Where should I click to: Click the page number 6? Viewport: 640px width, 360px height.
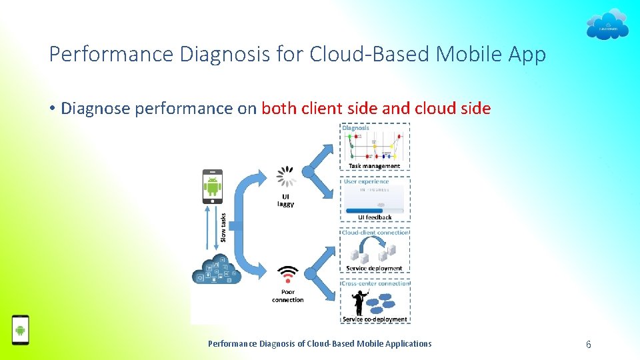coord(588,345)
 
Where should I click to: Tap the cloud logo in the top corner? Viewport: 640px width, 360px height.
coord(607,25)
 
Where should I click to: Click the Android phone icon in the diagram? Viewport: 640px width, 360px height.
coord(213,187)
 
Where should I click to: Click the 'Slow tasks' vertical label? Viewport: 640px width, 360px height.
coord(223,227)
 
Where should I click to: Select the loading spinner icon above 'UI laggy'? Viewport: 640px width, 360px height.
coord(287,176)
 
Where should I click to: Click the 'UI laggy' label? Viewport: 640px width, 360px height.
coord(285,200)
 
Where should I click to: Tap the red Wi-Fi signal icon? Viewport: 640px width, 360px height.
coord(288,275)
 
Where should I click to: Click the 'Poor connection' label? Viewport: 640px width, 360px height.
coord(288,295)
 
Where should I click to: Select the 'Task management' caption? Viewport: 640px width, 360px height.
coord(375,166)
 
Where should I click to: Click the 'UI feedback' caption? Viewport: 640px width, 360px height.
coord(375,217)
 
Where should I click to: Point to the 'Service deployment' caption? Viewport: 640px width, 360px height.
coord(375,269)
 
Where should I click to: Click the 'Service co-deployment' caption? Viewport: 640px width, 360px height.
coord(375,319)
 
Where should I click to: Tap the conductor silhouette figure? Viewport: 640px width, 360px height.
coord(359,302)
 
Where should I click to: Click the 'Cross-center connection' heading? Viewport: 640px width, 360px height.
coord(375,283)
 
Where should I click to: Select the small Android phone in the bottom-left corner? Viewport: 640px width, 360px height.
coord(21,330)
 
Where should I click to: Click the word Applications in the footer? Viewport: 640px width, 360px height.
coord(407,344)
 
